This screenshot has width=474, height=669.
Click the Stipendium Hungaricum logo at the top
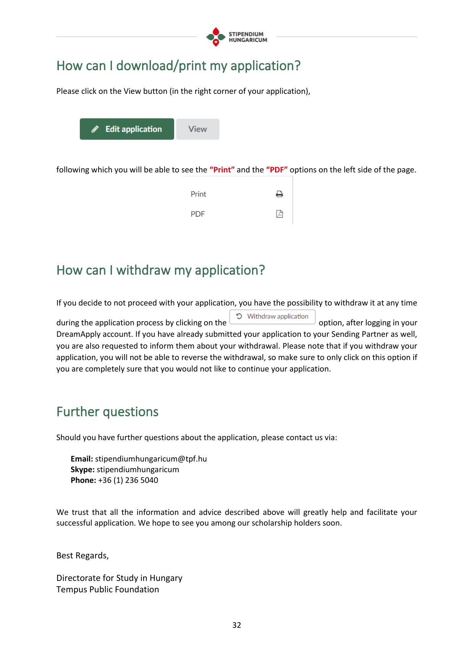tap(236, 37)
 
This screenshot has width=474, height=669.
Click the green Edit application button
tap(127, 129)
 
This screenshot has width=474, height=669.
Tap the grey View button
tap(197, 129)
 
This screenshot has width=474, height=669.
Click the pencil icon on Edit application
tap(95, 129)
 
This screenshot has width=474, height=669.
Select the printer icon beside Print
tap(280, 194)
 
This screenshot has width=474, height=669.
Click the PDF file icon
tap(280, 214)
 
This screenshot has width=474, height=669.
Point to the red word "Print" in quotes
tap(222, 170)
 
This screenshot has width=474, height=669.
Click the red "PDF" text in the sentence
tap(277, 170)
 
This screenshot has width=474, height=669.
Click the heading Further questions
tap(107, 412)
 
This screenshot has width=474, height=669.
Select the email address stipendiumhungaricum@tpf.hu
tap(151, 459)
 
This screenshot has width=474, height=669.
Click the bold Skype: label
tap(83, 470)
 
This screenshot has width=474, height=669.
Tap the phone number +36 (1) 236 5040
tap(128, 480)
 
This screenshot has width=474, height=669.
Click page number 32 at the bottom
tap(237, 625)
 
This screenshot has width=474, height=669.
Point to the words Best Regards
tap(83, 556)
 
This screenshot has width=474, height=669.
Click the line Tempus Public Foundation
tap(108, 590)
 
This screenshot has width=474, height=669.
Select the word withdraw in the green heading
tap(143, 270)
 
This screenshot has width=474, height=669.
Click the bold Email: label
tap(82, 459)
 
